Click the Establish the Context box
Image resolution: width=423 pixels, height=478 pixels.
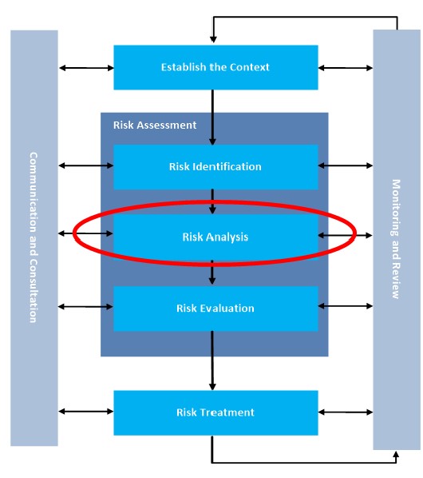point(215,67)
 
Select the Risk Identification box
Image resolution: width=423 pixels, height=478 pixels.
point(215,167)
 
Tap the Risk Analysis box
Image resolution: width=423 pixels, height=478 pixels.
point(215,237)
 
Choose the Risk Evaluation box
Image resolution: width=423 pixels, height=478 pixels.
point(215,308)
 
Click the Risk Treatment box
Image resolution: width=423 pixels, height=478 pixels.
point(215,412)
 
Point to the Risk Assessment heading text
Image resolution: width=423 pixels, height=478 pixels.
point(148,125)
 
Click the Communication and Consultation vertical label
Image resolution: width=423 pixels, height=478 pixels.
point(34,237)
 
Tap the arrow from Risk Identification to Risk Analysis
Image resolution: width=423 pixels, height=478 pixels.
point(212,201)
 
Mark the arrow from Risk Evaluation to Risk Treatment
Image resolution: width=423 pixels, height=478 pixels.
point(212,360)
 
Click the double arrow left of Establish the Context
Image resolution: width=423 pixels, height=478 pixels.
point(85,67)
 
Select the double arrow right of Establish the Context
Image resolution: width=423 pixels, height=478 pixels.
point(345,67)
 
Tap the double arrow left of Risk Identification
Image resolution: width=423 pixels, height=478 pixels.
point(85,166)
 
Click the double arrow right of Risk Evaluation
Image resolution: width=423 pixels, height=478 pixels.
point(345,305)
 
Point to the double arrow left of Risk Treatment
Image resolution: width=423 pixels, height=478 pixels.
point(85,412)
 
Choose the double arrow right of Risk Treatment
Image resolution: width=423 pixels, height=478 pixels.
point(345,412)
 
